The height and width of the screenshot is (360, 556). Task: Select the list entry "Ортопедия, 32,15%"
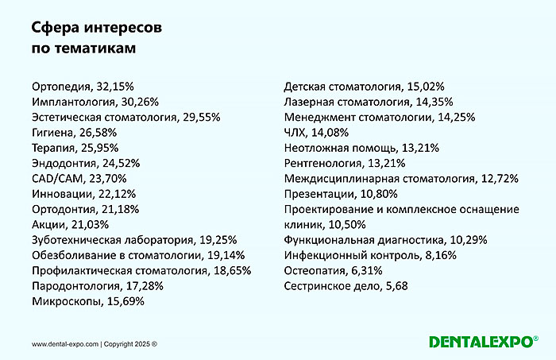click(x=77, y=87)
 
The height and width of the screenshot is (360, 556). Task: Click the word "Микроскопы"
click(x=65, y=301)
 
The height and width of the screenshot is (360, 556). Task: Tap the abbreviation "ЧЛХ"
click(x=295, y=133)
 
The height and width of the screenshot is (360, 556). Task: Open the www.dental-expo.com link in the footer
click(x=65, y=344)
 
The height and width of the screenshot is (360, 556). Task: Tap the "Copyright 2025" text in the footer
click(x=129, y=344)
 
